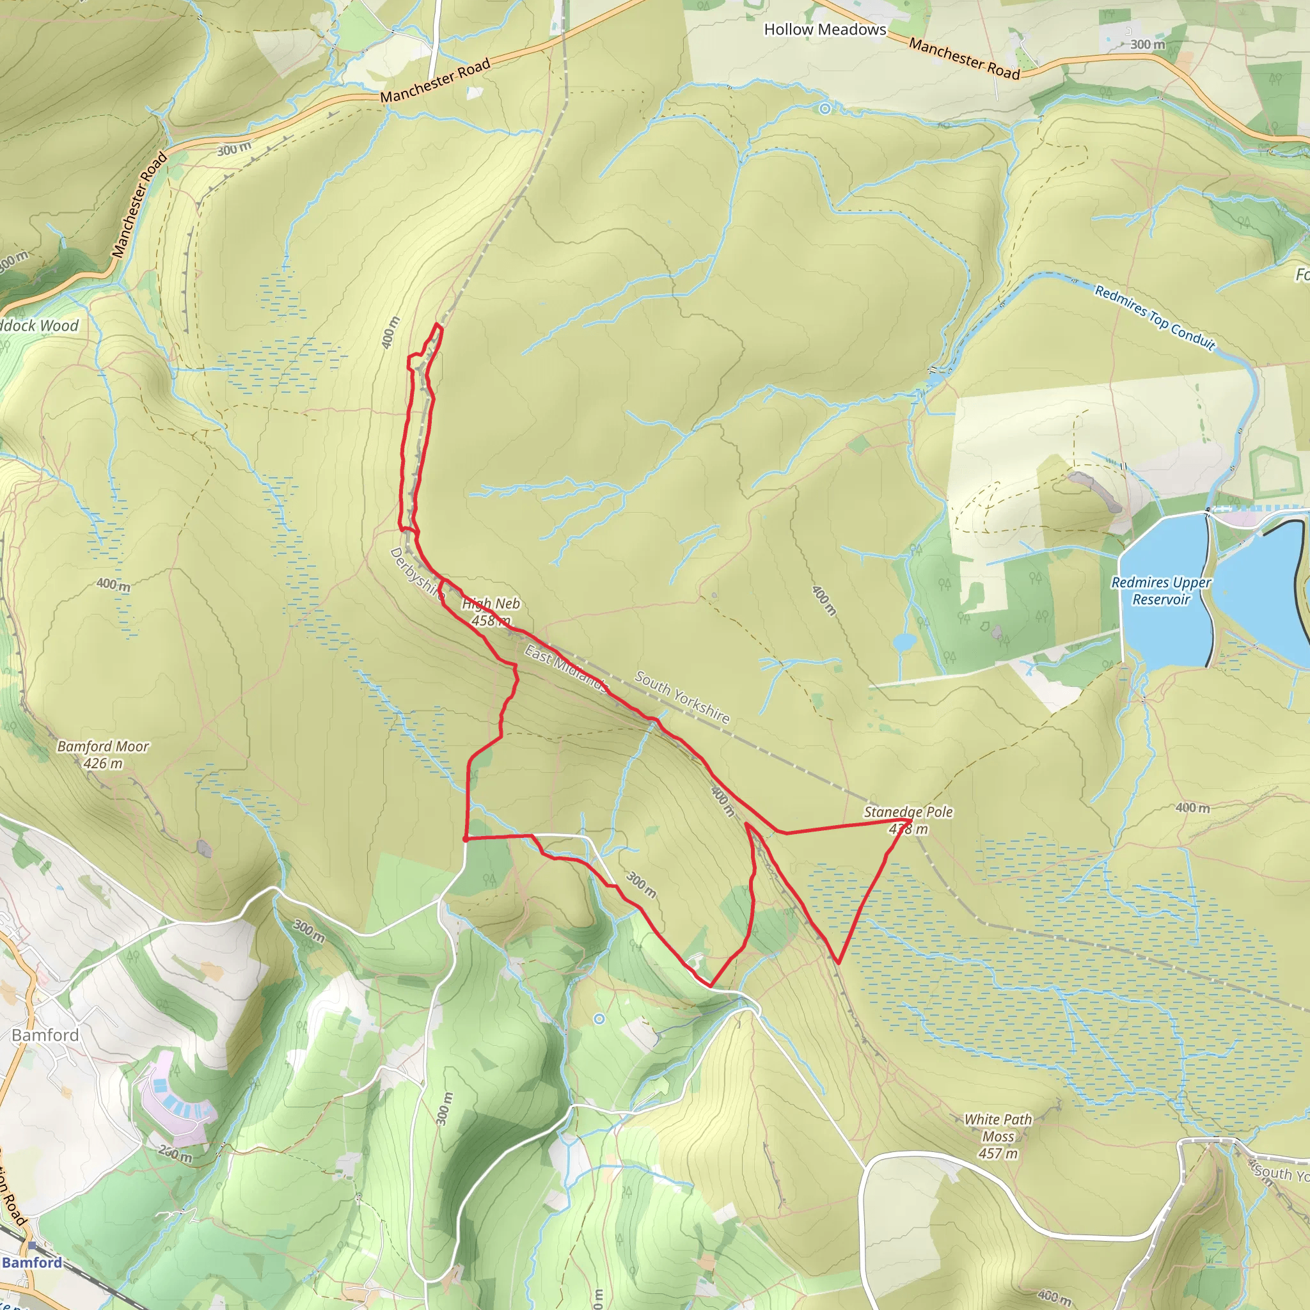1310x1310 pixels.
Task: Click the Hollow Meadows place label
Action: click(825, 29)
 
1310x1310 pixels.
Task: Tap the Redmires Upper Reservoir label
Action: click(1161, 590)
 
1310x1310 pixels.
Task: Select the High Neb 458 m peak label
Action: click(491, 612)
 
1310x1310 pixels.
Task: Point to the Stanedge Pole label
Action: click(908, 812)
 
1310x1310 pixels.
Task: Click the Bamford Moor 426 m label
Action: click(103, 755)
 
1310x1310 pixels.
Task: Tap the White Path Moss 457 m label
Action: click(998, 1137)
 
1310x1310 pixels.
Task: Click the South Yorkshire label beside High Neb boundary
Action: click(682, 697)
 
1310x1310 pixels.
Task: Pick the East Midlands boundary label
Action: click(565, 668)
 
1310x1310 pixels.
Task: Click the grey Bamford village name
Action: click(45, 1035)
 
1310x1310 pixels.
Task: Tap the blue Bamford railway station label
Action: click(32, 1262)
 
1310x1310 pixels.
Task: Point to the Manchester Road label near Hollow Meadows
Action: click(964, 59)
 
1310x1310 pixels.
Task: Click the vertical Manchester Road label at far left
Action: click(139, 205)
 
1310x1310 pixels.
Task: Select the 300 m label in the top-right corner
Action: click(1148, 45)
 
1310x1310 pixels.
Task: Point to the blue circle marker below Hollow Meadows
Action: click(825, 109)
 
